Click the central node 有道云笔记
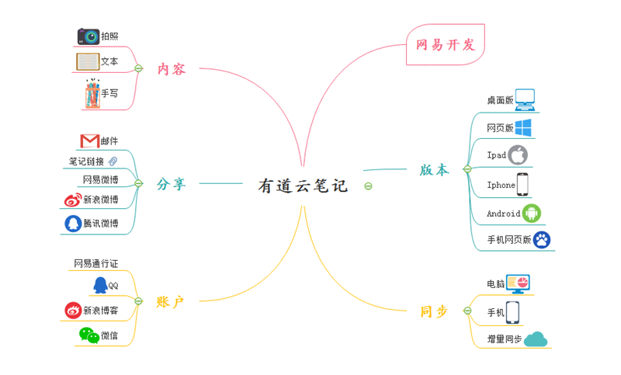(303, 186)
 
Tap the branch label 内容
(172, 69)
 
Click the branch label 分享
(171, 184)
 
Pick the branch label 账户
(171, 301)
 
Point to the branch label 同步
(434, 311)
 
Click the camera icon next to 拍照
(88, 36)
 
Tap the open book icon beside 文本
(88, 61)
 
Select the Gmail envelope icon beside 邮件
(89, 141)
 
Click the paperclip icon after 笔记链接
(113, 161)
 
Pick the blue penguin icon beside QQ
(99, 285)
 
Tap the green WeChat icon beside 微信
(88, 335)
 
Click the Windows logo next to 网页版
(523, 127)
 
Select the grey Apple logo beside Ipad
(518, 154)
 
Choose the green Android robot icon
(532, 214)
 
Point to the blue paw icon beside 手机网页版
(542, 240)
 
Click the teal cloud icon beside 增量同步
(536, 339)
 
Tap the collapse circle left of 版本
(467, 168)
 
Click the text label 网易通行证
(95, 264)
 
